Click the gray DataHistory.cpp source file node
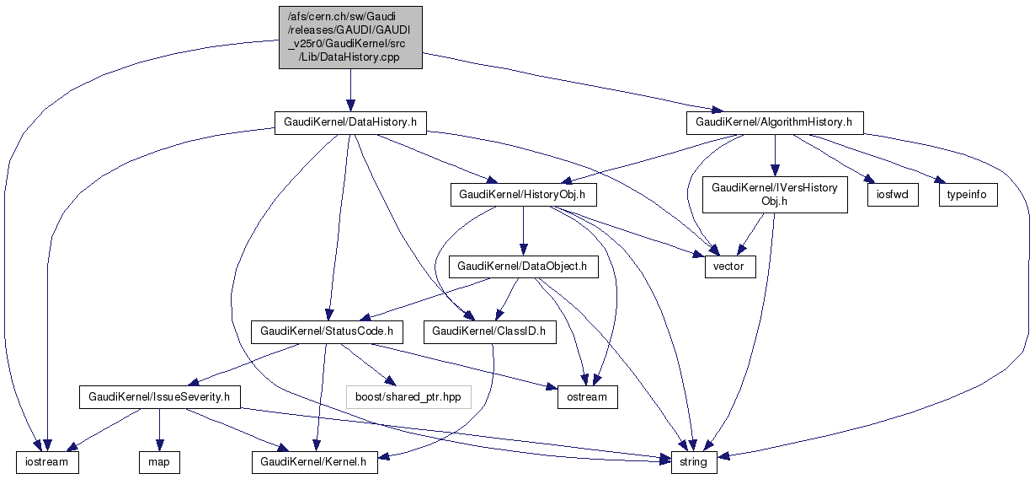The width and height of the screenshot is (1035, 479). [x=350, y=37]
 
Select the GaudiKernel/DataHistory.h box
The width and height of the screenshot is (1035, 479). [x=350, y=122]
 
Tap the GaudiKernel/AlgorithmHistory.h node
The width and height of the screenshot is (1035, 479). [x=774, y=122]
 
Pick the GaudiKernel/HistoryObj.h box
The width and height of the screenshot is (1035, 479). [x=523, y=195]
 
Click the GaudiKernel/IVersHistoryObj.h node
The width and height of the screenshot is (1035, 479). [x=774, y=195]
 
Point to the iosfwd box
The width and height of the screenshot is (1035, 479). [x=892, y=195]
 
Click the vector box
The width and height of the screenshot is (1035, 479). [x=730, y=266]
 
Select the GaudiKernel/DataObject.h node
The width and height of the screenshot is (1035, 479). [x=523, y=266]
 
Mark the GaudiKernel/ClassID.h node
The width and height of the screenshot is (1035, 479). [x=489, y=331]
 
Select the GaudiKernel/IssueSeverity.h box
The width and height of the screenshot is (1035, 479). [x=160, y=396]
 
